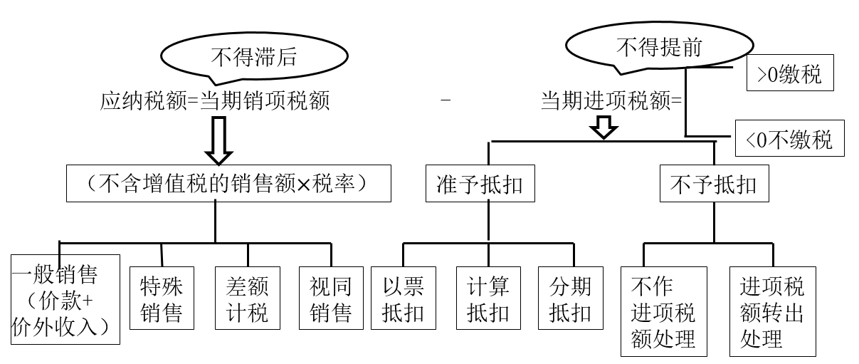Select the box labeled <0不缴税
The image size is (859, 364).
[789, 139]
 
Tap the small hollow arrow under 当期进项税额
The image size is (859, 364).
[604, 128]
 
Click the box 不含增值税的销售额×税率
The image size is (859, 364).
[228, 184]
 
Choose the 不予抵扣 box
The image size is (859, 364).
[713, 184]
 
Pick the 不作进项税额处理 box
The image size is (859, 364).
[663, 311]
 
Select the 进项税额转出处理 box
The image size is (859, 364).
[772, 311]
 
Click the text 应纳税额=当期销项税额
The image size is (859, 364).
[215, 101]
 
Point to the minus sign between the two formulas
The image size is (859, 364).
[446, 101]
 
